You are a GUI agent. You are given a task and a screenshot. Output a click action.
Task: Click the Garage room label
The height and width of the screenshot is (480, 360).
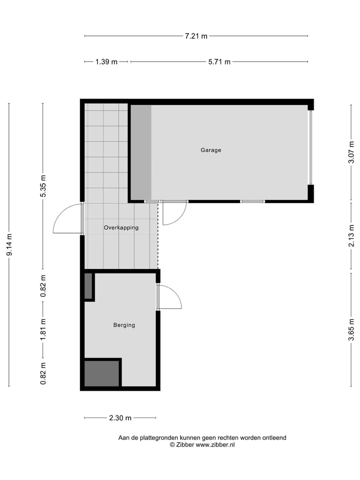[210, 150]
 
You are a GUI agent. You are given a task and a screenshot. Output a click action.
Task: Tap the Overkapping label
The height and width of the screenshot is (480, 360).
[121, 227]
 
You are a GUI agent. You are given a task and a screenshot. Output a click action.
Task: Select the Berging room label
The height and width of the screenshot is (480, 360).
[124, 325]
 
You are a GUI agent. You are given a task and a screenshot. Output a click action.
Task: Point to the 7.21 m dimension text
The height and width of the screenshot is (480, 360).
[196, 36]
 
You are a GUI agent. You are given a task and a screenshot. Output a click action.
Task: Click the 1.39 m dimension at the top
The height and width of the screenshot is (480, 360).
[106, 62]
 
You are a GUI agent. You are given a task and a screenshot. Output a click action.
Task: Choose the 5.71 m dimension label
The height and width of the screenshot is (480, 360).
[219, 62]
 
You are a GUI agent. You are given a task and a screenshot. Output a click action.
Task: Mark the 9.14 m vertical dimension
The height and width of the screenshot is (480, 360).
[9, 245]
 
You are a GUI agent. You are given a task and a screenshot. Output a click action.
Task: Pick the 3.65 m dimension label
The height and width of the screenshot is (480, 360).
[351, 329]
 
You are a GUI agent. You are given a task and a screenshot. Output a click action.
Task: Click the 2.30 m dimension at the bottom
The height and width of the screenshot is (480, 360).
[120, 418]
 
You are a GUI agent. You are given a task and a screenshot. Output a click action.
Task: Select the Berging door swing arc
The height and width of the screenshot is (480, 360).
[169, 297]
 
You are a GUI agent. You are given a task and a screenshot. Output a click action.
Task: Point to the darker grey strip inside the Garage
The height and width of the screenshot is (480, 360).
[141, 152]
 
